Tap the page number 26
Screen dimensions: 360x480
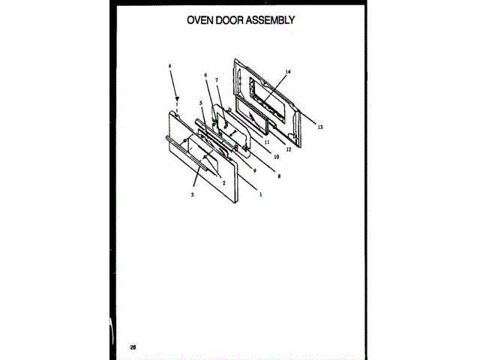coord(133,346)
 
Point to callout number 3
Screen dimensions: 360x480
coord(192,194)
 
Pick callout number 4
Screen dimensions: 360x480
coord(170,65)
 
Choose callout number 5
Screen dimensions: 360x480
coord(201,102)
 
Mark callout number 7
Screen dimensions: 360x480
coord(217,80)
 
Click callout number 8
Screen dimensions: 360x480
coord(279,175)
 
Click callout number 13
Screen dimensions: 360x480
coord(319,127)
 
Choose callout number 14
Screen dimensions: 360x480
coord(287,72)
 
